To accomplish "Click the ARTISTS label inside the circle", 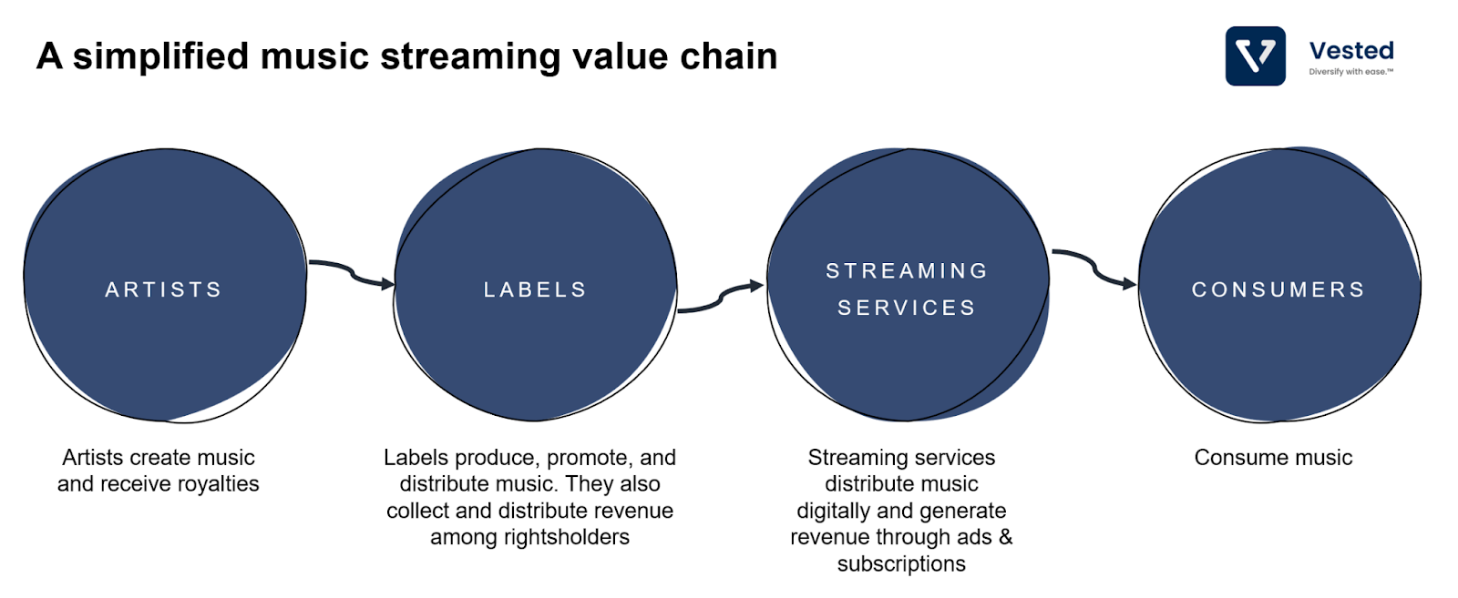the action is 163,289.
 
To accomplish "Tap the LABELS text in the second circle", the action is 535,289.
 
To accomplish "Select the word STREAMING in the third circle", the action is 907,270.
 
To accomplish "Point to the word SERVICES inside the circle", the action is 907,308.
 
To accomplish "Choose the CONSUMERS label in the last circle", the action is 1278,289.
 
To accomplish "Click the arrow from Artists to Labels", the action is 352,274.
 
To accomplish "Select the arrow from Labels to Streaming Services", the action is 721,297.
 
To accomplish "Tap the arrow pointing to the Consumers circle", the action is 1094,269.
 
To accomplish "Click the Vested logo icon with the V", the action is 1255,56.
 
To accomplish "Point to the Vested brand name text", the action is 1351,51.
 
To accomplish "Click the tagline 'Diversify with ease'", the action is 1350,72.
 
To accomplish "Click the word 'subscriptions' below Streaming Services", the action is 901,563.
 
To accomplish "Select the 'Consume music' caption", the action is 1273,458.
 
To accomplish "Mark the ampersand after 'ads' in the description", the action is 1006,537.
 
